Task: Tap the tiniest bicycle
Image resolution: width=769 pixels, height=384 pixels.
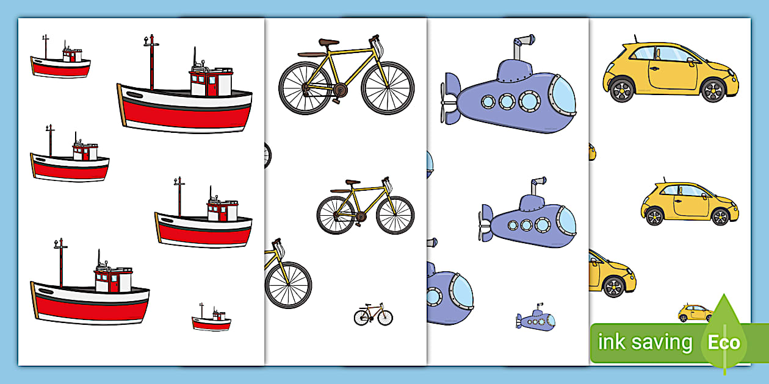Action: point(374,315)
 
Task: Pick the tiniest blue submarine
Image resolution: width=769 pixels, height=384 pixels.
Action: point(536,318)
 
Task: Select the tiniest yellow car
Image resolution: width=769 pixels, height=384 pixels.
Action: point(695,313)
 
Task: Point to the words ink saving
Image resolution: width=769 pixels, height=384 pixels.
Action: point(645,343)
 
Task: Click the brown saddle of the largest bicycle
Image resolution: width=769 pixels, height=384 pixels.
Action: point(328,42)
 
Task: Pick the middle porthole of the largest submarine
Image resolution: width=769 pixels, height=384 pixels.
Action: point(507,101)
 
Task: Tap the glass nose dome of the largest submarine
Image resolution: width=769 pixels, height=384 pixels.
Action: point(563,96)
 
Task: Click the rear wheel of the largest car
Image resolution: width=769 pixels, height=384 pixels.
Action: point(622,91)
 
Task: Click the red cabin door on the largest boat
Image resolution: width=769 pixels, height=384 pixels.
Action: point(212,85)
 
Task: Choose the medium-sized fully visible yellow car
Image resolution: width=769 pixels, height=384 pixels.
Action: point(690,203)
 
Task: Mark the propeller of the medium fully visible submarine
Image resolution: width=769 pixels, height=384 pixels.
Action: point(486,222)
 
